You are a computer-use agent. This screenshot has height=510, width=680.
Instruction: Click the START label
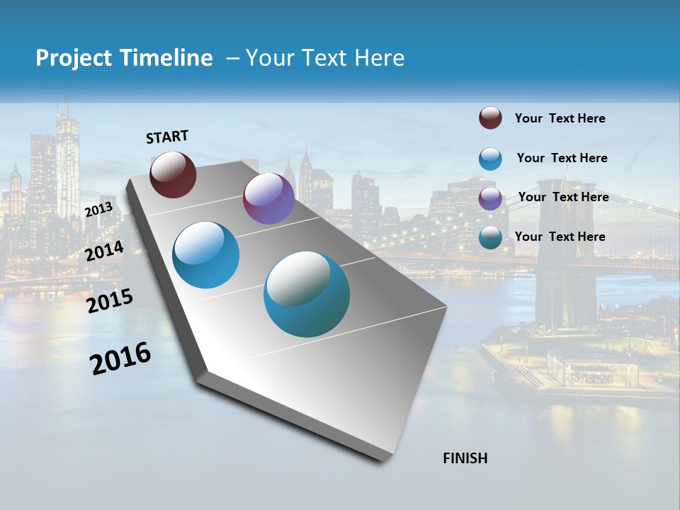click(x=167, y=137)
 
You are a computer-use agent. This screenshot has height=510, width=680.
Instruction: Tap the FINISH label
click(x=465, y=458)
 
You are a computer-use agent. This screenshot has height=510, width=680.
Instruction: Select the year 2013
click(x=98, y=210)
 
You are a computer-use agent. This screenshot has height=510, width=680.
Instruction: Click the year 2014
click(x=105, y=251)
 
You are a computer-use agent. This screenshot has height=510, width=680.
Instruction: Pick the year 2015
click(x=110, y=301)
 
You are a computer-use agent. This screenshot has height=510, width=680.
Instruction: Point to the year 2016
click(x=120, y=358)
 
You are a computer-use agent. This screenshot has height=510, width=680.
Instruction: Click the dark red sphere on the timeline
click(x=173, y=174)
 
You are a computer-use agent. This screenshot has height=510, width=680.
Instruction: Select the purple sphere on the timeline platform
click(x=268, y=198)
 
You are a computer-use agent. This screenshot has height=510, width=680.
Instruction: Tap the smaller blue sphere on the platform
click(x=206, y=255)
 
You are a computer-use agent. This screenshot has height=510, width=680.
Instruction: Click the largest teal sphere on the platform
click(x=307, y=294)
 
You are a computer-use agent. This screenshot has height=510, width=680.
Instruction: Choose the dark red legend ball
click(x=490, y=118)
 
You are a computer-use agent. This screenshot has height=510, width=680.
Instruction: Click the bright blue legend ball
click(x=490, y=159)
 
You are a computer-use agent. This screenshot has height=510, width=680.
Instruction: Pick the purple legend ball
click(x=490, y=198)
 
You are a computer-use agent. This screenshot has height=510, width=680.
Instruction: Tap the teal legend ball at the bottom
click(x=490, y=237)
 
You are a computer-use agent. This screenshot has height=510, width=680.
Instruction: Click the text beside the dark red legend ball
click(x=560, y=119)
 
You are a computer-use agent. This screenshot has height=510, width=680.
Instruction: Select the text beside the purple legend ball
click(x=563, y=197)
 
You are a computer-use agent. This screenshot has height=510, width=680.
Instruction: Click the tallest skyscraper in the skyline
click(x=67, y=163)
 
